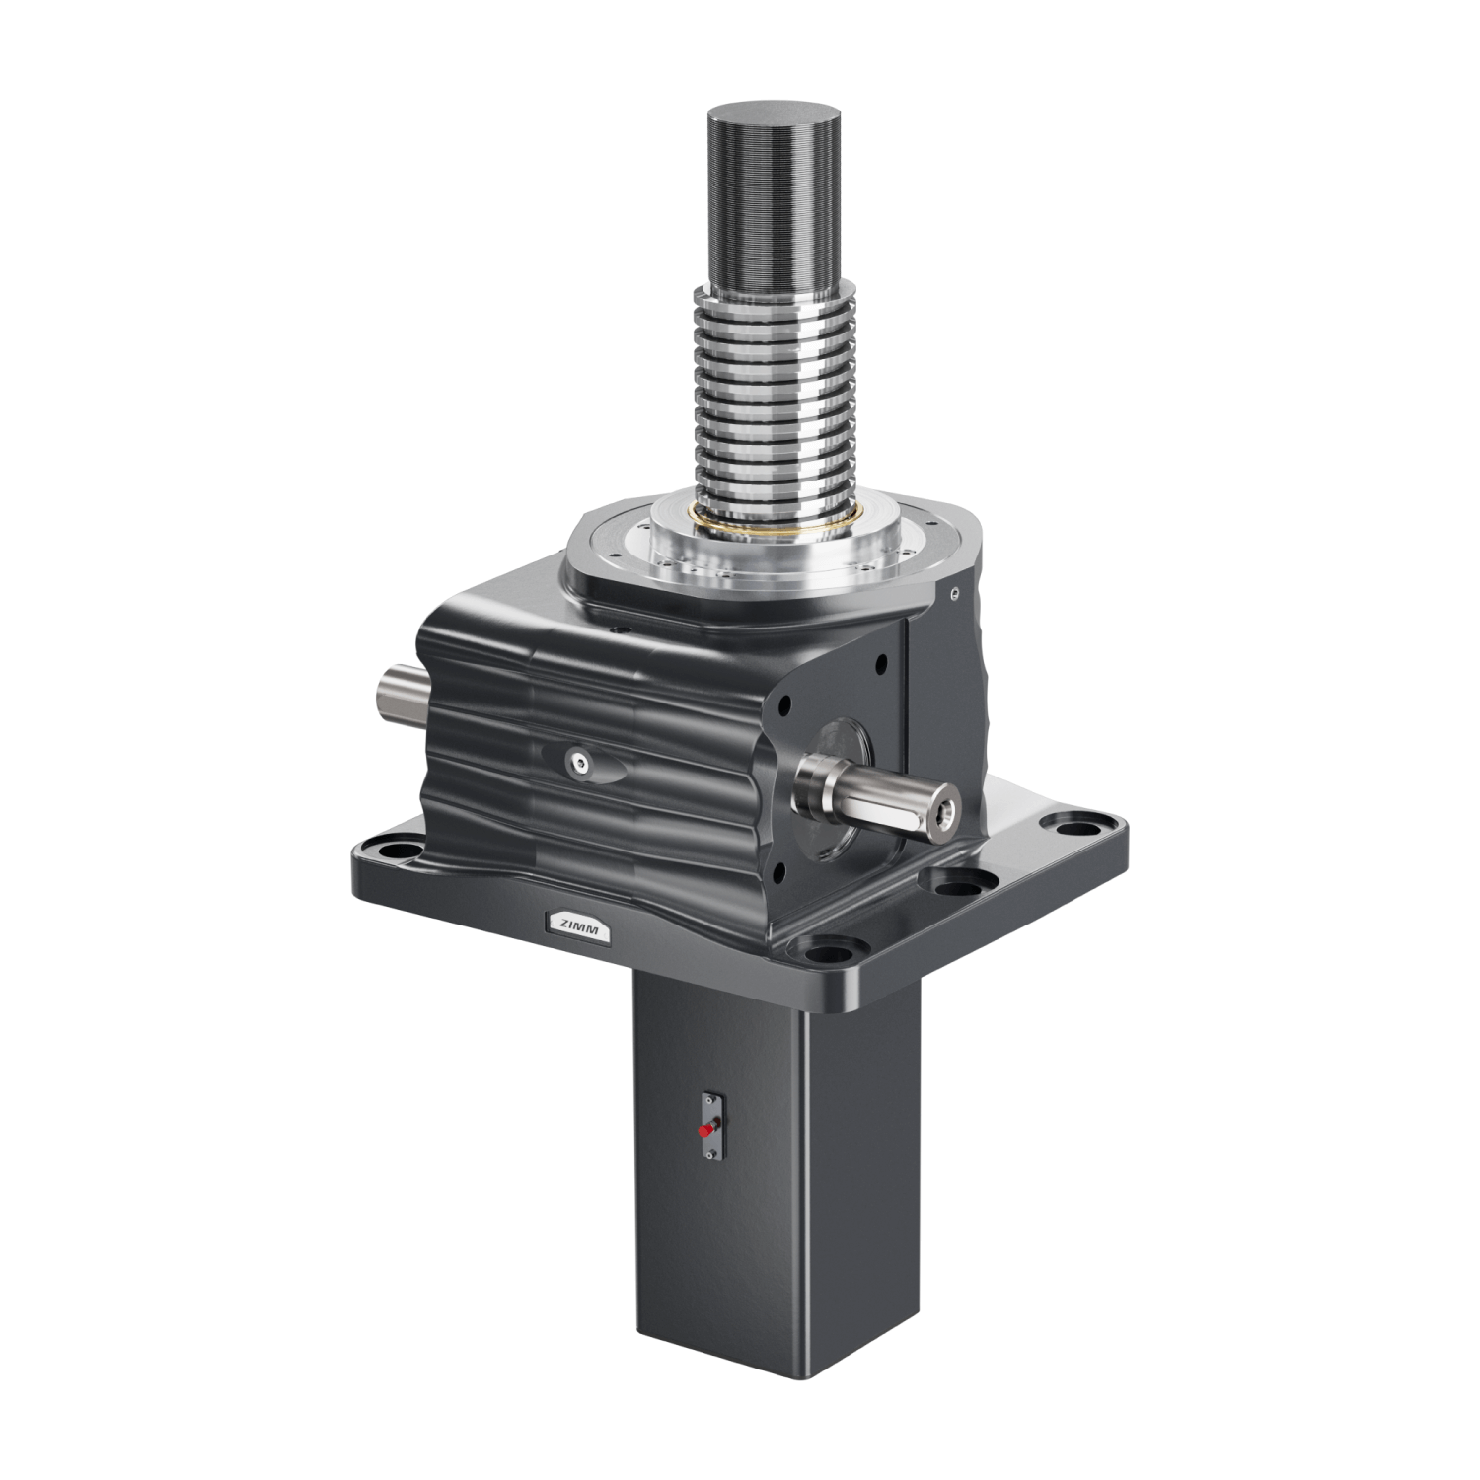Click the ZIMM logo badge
tap(578, 925)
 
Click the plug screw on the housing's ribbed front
tap(575, 760)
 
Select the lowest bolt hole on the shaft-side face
tap(779, 867)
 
